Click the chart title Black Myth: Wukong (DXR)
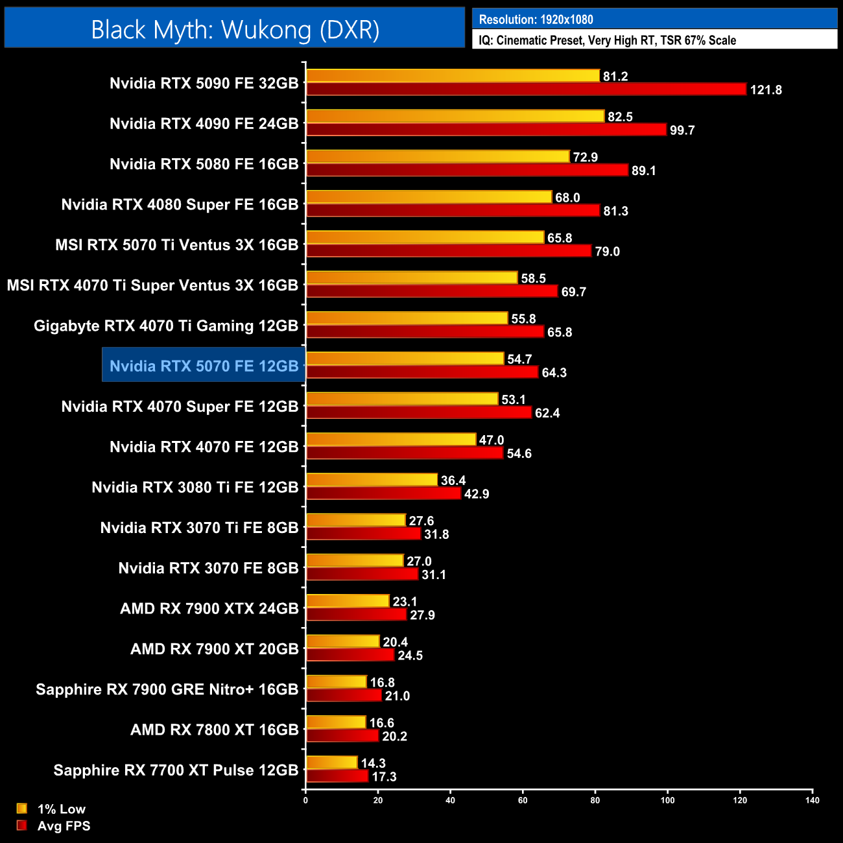point(235,30)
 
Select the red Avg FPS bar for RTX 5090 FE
point(526,89)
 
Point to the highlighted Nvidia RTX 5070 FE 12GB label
point(204,366)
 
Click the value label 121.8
point(766,90)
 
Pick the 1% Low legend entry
point(61,809)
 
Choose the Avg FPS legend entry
point(64,825)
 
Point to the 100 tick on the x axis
point(667,800)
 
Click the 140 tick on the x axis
point(812,800)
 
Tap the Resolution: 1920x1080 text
point(536,19)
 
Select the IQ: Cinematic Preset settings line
point(607,40)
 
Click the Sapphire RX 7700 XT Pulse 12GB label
point(176,770)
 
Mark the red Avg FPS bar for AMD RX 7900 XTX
point(356,615)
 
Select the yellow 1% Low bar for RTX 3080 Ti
point(372,480)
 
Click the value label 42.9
point(477,494)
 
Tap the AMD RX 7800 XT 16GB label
point(214,730)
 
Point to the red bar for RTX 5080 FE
point(467,171)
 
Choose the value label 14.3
point(373,763)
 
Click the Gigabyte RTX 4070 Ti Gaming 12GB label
point(166,326)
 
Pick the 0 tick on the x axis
point(305,800)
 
